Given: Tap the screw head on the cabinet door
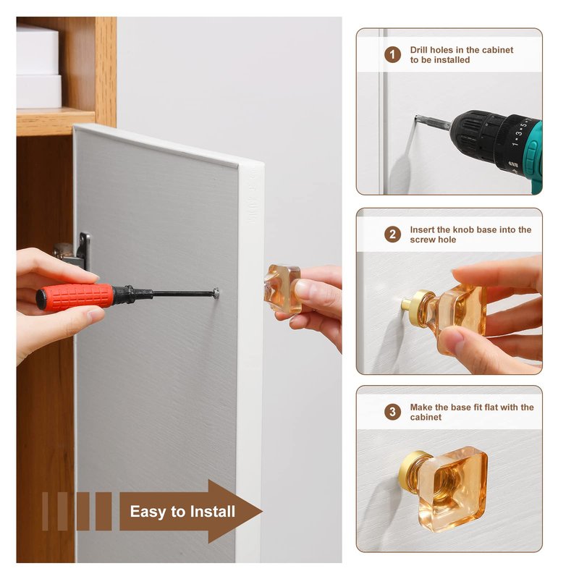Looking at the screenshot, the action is [x=216, y=294].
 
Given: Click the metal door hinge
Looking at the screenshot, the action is [x=73, y=250].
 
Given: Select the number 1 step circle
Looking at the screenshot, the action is [x=392, y=55].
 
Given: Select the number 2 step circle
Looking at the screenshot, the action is [x=392, y=234].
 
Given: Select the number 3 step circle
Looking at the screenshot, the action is [x=392, y=412].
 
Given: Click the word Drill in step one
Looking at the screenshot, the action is [x=419, y=50].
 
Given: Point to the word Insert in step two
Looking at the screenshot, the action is [x=422, y=229].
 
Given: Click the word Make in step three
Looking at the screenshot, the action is [x=420, y=407].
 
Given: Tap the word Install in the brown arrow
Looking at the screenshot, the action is [x=213, y=512].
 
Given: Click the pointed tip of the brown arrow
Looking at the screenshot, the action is [x=262, y=512].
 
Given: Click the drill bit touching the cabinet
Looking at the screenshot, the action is [x=432, y=122].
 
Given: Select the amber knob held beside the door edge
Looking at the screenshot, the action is [x=282, y=288].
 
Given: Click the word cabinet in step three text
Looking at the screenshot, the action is [x=426, y=417].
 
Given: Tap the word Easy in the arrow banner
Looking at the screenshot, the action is [x=148, y=512].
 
